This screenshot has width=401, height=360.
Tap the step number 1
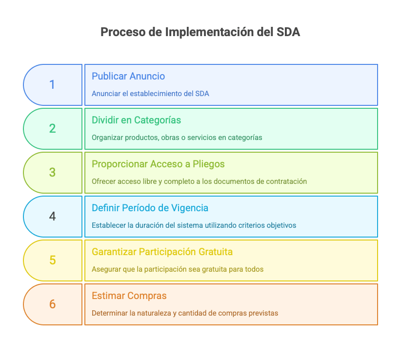tap(52, 84)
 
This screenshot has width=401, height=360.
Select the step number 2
tap(52, 128)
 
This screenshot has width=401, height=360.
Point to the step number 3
tap(52, 172)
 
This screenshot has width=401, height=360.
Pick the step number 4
tap(52, 216)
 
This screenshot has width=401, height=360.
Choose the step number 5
tap(52, 260)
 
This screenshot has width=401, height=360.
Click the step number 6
tap(52, 304)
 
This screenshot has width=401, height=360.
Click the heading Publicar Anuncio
tap(128, 76)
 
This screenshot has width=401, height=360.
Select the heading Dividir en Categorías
tap(136, 120)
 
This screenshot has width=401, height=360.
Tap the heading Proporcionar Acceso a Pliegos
tap(158, 164)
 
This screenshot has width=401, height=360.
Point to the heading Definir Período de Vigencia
tap(150, 208)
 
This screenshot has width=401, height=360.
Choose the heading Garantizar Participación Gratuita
tap(162, 252)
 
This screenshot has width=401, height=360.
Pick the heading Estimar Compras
tap(129, 296)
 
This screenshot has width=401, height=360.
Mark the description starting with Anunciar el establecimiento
tap(150, 94)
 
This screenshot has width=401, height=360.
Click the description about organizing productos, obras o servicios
tap(177, 138)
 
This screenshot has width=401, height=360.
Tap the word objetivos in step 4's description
tap(281, 225)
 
